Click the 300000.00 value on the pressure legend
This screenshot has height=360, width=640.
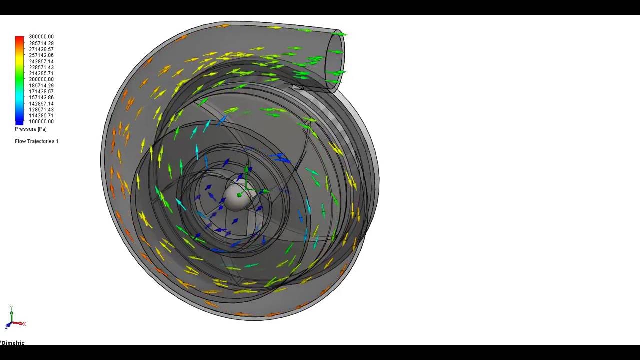[x=41, y=37]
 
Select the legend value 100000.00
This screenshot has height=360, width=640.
[x=41, y=122]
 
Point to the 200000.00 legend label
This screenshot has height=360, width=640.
[x=41, y=79]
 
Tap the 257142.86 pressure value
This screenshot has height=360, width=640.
[x=41, y=55]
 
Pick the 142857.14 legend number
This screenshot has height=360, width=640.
[x=41, y=104]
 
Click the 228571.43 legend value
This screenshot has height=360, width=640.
[x=41, y=67]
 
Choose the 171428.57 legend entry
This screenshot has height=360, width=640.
[x=41, y=92]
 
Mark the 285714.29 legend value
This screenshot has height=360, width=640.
[x=41, y=43]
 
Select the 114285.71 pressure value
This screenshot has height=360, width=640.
[x=41, y=116]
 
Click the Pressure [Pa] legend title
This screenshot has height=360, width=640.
[x=31, y=129]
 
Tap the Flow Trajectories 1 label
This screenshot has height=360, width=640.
[x=37, y=141]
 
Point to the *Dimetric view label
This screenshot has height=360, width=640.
[x=13, y=343]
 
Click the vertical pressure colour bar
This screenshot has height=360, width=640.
[x=19, y=80]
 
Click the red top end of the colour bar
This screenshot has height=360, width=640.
[x=19, y=38]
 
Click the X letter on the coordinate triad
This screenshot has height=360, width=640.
[x=24, y=324]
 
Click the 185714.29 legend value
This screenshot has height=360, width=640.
[x=41, y=86]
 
